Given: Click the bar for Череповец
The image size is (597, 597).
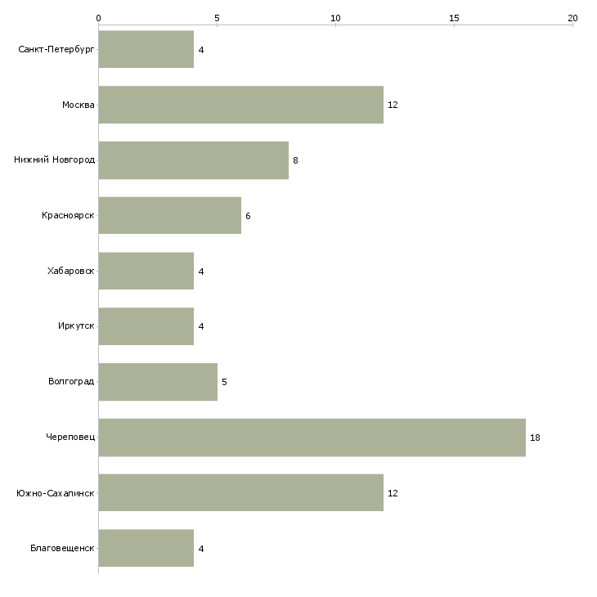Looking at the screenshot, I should click(x=312, y=438).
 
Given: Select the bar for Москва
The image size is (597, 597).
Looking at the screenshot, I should click(x=240, y=105).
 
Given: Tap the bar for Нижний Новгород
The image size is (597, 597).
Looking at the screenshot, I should click(x=193, y=160).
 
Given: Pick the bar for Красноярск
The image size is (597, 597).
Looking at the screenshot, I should click(x=169, y=216).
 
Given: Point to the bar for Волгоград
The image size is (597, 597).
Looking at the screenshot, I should click(x=158, y=382).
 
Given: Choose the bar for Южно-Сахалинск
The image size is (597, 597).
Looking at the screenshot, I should click(x=240, y=493).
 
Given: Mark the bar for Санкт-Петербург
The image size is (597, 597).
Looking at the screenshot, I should click(x=146, y=49).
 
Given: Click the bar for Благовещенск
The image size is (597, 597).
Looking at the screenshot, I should click(x=146, y=549).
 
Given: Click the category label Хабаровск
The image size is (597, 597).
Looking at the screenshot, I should click(x=71, y=271).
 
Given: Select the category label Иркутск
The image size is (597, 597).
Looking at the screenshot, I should click(x=75, y=326).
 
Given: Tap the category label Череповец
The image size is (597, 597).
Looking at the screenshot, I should click(x=70, y=438).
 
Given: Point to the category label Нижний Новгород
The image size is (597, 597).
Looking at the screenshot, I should click(x=55, y=160).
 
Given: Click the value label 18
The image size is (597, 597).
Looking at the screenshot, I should click(x=535, y=438).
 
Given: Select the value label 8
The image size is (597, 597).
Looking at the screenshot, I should click(x=295, y=160).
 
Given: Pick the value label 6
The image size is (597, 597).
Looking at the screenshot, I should click(x=248, y=216).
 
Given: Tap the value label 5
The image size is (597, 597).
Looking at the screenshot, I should click(x=224, y=382).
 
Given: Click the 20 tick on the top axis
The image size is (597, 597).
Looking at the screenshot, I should click(x=572, y=17).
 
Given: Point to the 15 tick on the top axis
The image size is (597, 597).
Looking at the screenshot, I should click(x=454, y=17).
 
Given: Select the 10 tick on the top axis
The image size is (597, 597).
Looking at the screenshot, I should click(x=335, y=17).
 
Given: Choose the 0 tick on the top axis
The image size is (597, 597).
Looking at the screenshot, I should click(x=98, y=17).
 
